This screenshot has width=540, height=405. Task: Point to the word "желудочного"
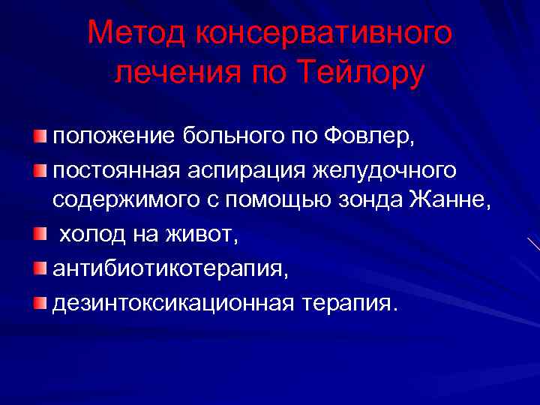click(x=385, y=171)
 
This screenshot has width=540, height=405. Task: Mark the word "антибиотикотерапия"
click(x=169, y=269)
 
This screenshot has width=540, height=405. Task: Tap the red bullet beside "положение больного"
click(x=39, y=137)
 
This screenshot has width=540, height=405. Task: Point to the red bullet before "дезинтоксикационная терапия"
click(x=39, y=303)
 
